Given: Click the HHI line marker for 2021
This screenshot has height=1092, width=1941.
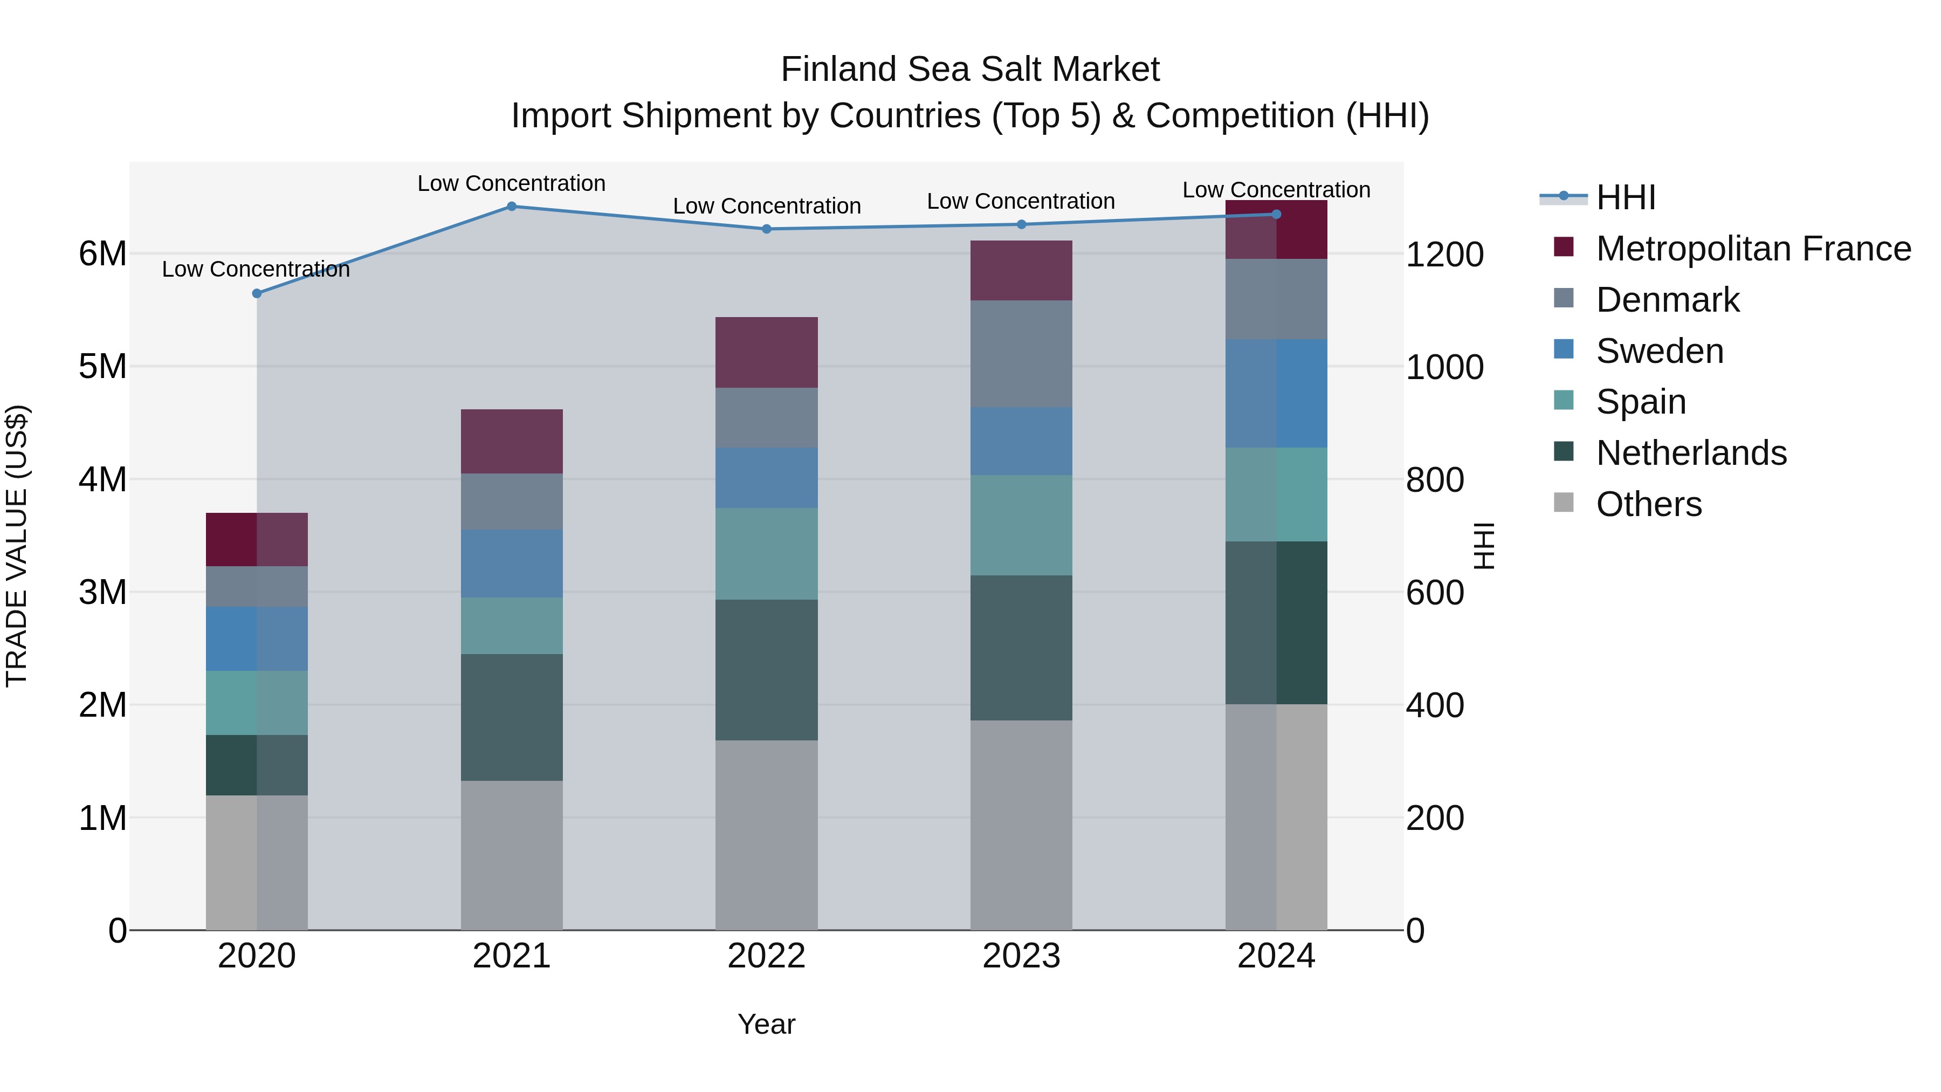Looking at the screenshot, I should (x=512, y=207).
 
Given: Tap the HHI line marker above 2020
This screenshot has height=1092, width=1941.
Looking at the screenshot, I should (x=257, y=293).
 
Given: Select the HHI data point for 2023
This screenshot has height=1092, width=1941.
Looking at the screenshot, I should (x=1022, y=224).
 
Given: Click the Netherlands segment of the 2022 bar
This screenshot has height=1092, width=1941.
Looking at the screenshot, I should (x=766, y=670).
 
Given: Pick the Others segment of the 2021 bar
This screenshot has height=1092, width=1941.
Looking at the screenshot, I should (x=512, y=855).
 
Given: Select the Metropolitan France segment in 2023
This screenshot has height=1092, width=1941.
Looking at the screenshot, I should (x=1021, y=271).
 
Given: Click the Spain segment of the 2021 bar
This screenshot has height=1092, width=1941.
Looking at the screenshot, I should (x=512, y=626).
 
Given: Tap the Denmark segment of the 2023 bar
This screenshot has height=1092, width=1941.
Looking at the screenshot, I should (x=1021, y=354).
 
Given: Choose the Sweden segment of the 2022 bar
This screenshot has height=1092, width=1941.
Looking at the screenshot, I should (x=766, y=478).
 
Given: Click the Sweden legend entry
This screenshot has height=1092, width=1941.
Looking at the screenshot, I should (x=1659, y=351).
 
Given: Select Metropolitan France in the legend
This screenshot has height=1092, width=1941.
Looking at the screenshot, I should (x=1753, y=249).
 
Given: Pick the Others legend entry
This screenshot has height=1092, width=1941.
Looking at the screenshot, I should (x=1649, y=504).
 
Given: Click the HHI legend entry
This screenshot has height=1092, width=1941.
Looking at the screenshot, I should (x=1626, y=197).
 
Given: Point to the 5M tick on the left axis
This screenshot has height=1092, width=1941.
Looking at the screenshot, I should (x=103, y=367).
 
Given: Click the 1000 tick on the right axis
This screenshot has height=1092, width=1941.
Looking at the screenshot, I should (x=1444, y=367).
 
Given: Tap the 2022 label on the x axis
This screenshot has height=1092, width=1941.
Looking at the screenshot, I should (x=766, y=956).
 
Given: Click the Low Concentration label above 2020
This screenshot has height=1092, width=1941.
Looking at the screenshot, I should (x=256, y=269).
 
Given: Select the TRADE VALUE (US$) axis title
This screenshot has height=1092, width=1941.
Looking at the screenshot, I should (x=17, y=546).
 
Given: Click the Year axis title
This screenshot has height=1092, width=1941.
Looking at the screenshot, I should (x=766, y=1024).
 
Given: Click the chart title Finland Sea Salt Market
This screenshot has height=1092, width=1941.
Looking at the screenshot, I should (x=970, y=70).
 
